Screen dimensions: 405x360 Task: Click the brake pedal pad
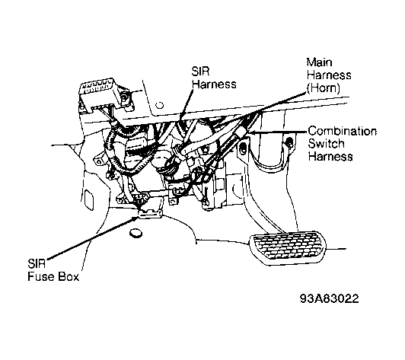(287, 247)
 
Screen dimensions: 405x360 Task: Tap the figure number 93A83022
(330, 299)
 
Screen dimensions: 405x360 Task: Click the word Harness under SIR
(214, 84)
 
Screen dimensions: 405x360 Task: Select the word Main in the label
(319, 62)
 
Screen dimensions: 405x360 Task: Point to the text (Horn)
(323, 88)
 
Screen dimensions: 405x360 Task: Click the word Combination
(343, 131)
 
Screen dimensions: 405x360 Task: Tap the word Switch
(326, 144)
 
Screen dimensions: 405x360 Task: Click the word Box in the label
(69, 276)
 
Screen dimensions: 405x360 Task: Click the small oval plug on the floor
(136, 233)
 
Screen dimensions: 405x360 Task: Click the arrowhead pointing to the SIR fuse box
(136, 218)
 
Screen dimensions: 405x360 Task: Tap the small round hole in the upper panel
(160, 105)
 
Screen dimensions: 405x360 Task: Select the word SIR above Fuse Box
(37, 263)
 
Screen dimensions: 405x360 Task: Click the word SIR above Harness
(200, 72)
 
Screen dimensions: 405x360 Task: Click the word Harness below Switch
(330, 157)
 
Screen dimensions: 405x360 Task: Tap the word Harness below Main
(329, 75)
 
